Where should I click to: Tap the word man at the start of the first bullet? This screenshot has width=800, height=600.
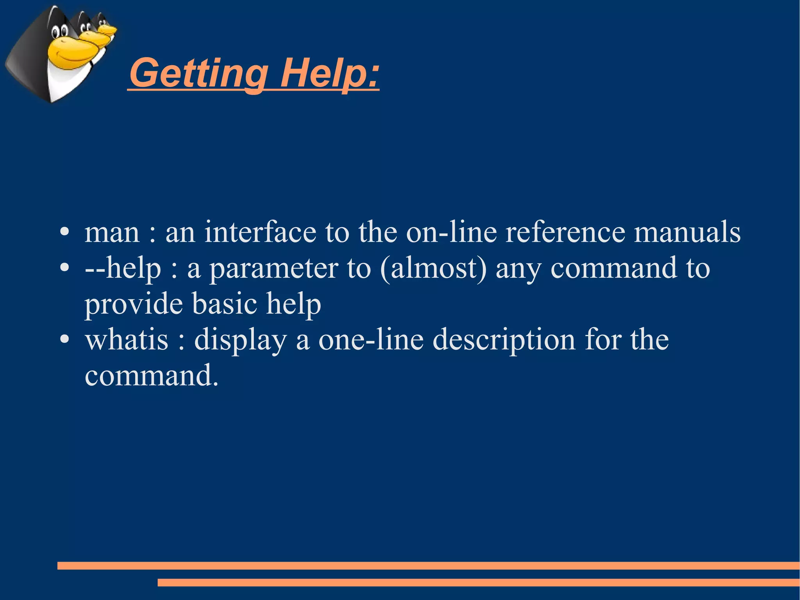click(x=112, y=232)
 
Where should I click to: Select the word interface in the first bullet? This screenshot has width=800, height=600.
click(x=260, y=232)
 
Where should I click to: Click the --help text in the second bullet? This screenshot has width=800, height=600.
click(x=123, y=269)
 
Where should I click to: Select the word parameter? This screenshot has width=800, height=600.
click(x=274, y=269)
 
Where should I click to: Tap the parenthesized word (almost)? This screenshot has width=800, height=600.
click(x=433, y=269)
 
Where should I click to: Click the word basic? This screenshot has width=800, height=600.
click(x=225, y=304)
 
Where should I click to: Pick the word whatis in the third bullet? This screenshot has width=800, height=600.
click(x=127, y=339)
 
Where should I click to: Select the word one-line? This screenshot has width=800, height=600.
click(x=371, y=339)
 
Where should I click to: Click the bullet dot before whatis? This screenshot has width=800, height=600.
click(x=65, y=339)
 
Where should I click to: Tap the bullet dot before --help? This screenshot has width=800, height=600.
click(x=65, y=268)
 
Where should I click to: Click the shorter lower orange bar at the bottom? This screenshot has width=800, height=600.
click(x=479, y=582)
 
